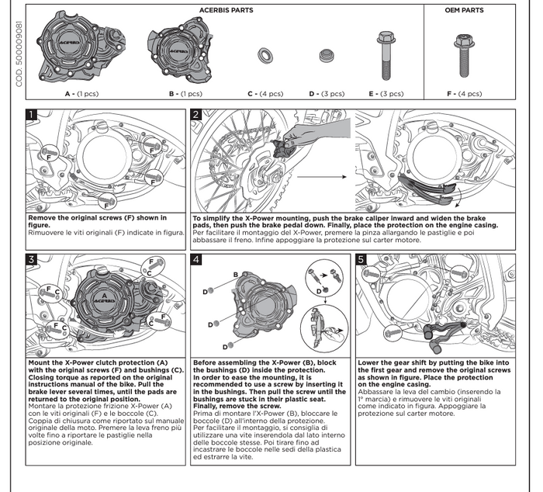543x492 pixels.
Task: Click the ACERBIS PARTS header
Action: pyautogui.click(x=227, y=11)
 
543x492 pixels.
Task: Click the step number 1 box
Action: pyautogui.click(x=32, y=115)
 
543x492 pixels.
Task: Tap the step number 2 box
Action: pyautogui.click(x=196, y=115)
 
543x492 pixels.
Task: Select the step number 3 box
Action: pyautogui.click(x=32, y=259)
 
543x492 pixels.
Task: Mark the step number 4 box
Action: pyautogui.click(x=196, y=259)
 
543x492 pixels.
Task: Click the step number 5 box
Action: pyautogui.click(x=361, y=259)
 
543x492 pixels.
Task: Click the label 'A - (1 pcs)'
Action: pyautogui.click(x=81, y=93)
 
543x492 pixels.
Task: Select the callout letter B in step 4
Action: pyautogui.click(x=235, y=275)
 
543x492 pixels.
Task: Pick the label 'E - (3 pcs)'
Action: pyautogui.click(x=386, y=93)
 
